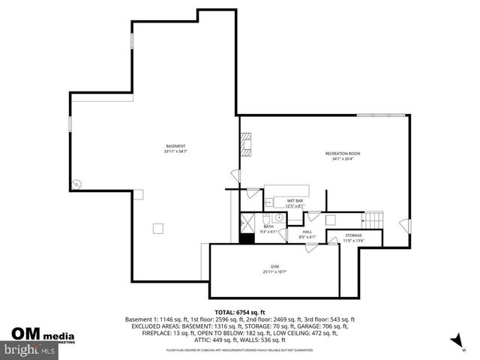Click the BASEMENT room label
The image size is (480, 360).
click(x=175, y=145)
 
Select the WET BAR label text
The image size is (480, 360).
click(x=294, y=201)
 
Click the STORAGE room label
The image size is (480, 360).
click(x=353, y=235)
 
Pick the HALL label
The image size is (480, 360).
click(x=307, y=232)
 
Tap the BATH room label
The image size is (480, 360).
click(x=268, y=226)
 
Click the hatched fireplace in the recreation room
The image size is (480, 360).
click(x=245, y=144)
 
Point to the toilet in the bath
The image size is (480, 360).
click(x=265, y=217)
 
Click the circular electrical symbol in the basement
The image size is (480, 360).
click(x=76, y=183)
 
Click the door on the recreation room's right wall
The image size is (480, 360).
click(x=405, y=224)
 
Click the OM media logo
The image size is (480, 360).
click(x=42, y=335)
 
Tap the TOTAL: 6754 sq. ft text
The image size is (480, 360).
click(x=240, y=312)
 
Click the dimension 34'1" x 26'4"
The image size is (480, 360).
click(x=342, y=158)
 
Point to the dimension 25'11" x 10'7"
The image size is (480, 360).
click(x=275, y=271)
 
